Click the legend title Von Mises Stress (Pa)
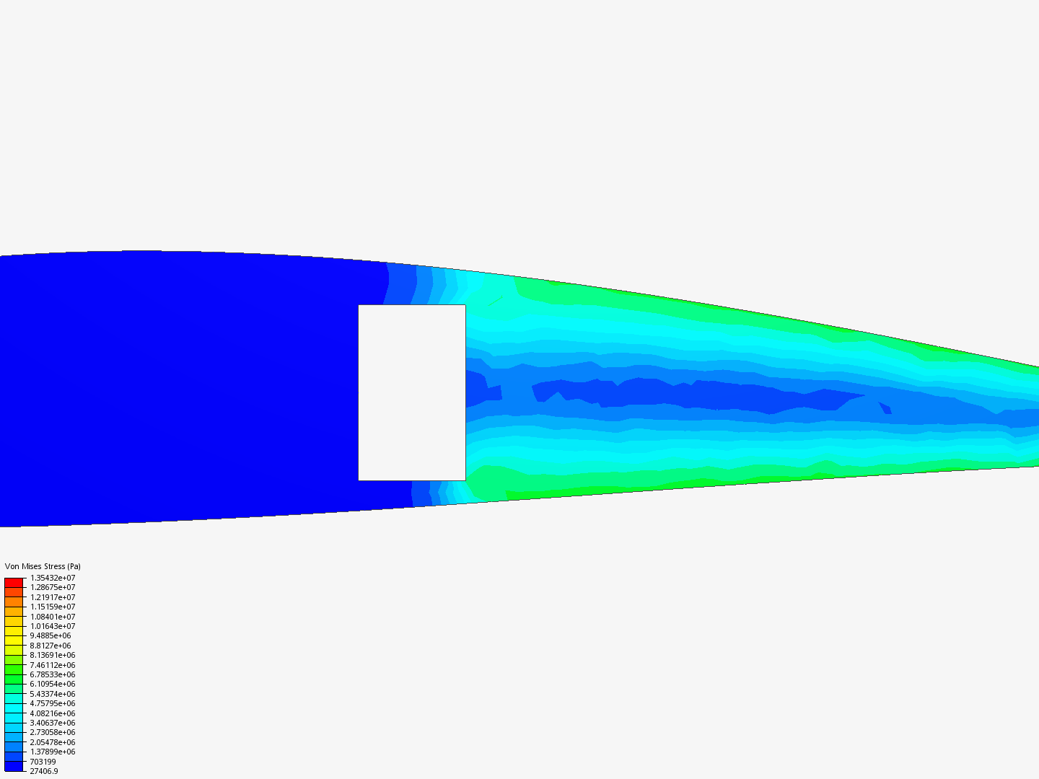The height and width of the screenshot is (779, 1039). [43, 566]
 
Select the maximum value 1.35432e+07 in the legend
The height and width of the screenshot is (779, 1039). [52, 578]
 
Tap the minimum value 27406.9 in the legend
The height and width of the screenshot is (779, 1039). [43, 771]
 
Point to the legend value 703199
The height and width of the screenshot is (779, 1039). [43, 762]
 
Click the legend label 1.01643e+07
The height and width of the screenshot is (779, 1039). [52, 626]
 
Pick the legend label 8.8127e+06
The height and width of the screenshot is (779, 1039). [50, 646]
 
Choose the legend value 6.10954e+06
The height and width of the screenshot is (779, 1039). [52, 684]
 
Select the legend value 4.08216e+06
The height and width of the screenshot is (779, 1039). [52, 713]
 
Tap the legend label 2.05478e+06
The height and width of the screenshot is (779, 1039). [52, 742]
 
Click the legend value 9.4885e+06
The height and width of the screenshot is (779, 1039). [50, 635]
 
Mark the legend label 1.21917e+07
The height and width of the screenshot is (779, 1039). [52, 597]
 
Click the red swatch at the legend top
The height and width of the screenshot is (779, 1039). [14, 582]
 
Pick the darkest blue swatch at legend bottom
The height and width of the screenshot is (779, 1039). [14, 766]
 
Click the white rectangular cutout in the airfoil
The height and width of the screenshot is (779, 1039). [412, 392]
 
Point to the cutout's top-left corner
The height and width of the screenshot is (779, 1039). [359, 305]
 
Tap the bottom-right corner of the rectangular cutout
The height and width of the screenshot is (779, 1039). [465, 480]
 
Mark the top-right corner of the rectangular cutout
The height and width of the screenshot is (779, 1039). [465, 305]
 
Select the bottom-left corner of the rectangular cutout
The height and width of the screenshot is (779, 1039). [359, 480]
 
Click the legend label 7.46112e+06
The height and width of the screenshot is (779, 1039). [52, 665]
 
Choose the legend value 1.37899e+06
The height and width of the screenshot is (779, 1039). [52, 752]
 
